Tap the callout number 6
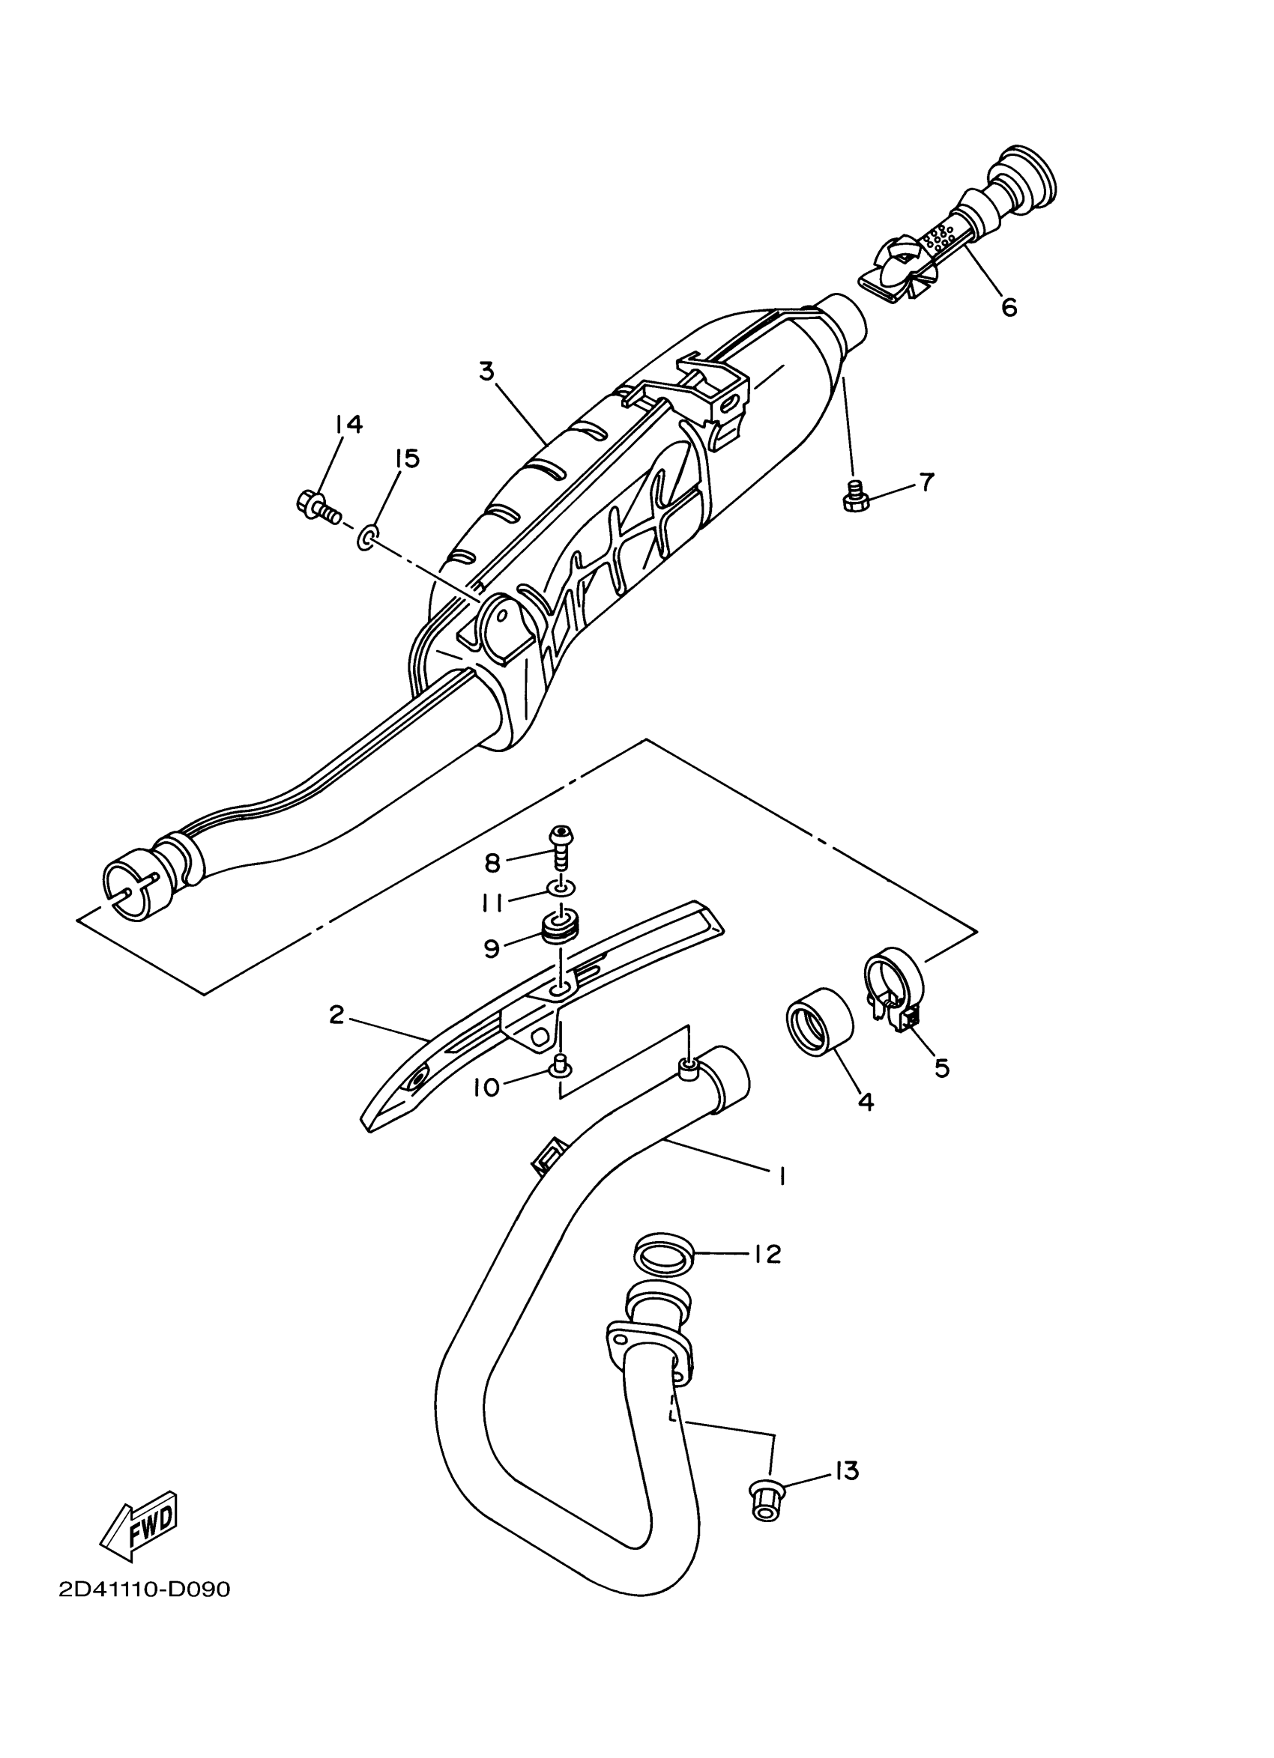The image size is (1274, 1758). click(x=1008, y=308)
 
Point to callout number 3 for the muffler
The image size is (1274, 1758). click(x=486, y=372)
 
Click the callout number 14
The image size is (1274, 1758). click(x=349, y=424)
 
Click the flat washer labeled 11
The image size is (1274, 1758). click(x=560, y=887)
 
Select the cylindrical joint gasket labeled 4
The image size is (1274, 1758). click(x=819, y=1021)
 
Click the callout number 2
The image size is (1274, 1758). click(x=336, y=1015)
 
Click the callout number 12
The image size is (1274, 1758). click(x=767, y=1253)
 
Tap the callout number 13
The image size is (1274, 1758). click(x=847, y=1470)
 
